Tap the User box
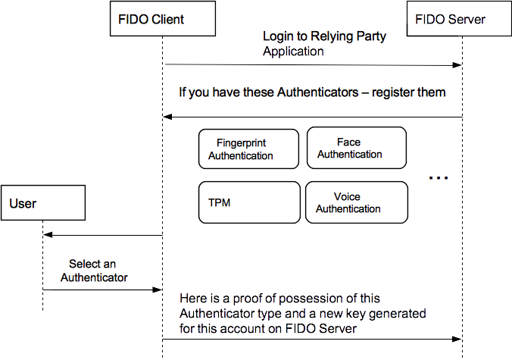coord(42,203)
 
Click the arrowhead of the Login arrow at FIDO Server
coord(458,65)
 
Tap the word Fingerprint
coord(241,143)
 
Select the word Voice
coord(347,197)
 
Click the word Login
coord(277,36)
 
